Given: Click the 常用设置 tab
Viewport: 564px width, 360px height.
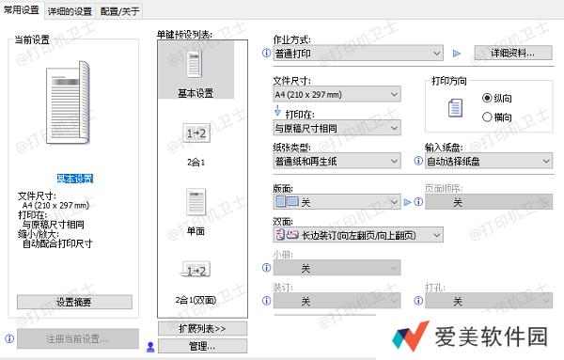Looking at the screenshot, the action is pyautogui.click(x=23, y=10).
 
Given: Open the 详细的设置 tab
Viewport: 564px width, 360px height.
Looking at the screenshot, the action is pyautogui.click(x=70, y=10).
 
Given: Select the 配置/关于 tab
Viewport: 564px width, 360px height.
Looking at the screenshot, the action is pyautogui.click(x=119, y=10).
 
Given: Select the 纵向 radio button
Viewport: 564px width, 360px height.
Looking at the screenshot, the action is pyautogui.click(x=487, y=98).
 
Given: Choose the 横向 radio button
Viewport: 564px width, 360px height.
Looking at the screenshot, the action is pyautogui.click(x=487, y=117).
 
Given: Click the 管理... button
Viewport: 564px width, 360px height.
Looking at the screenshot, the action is pyautogui.click(x=203, y=346).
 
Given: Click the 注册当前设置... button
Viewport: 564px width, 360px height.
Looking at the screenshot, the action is pyautogui.click(x=76, y=338).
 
